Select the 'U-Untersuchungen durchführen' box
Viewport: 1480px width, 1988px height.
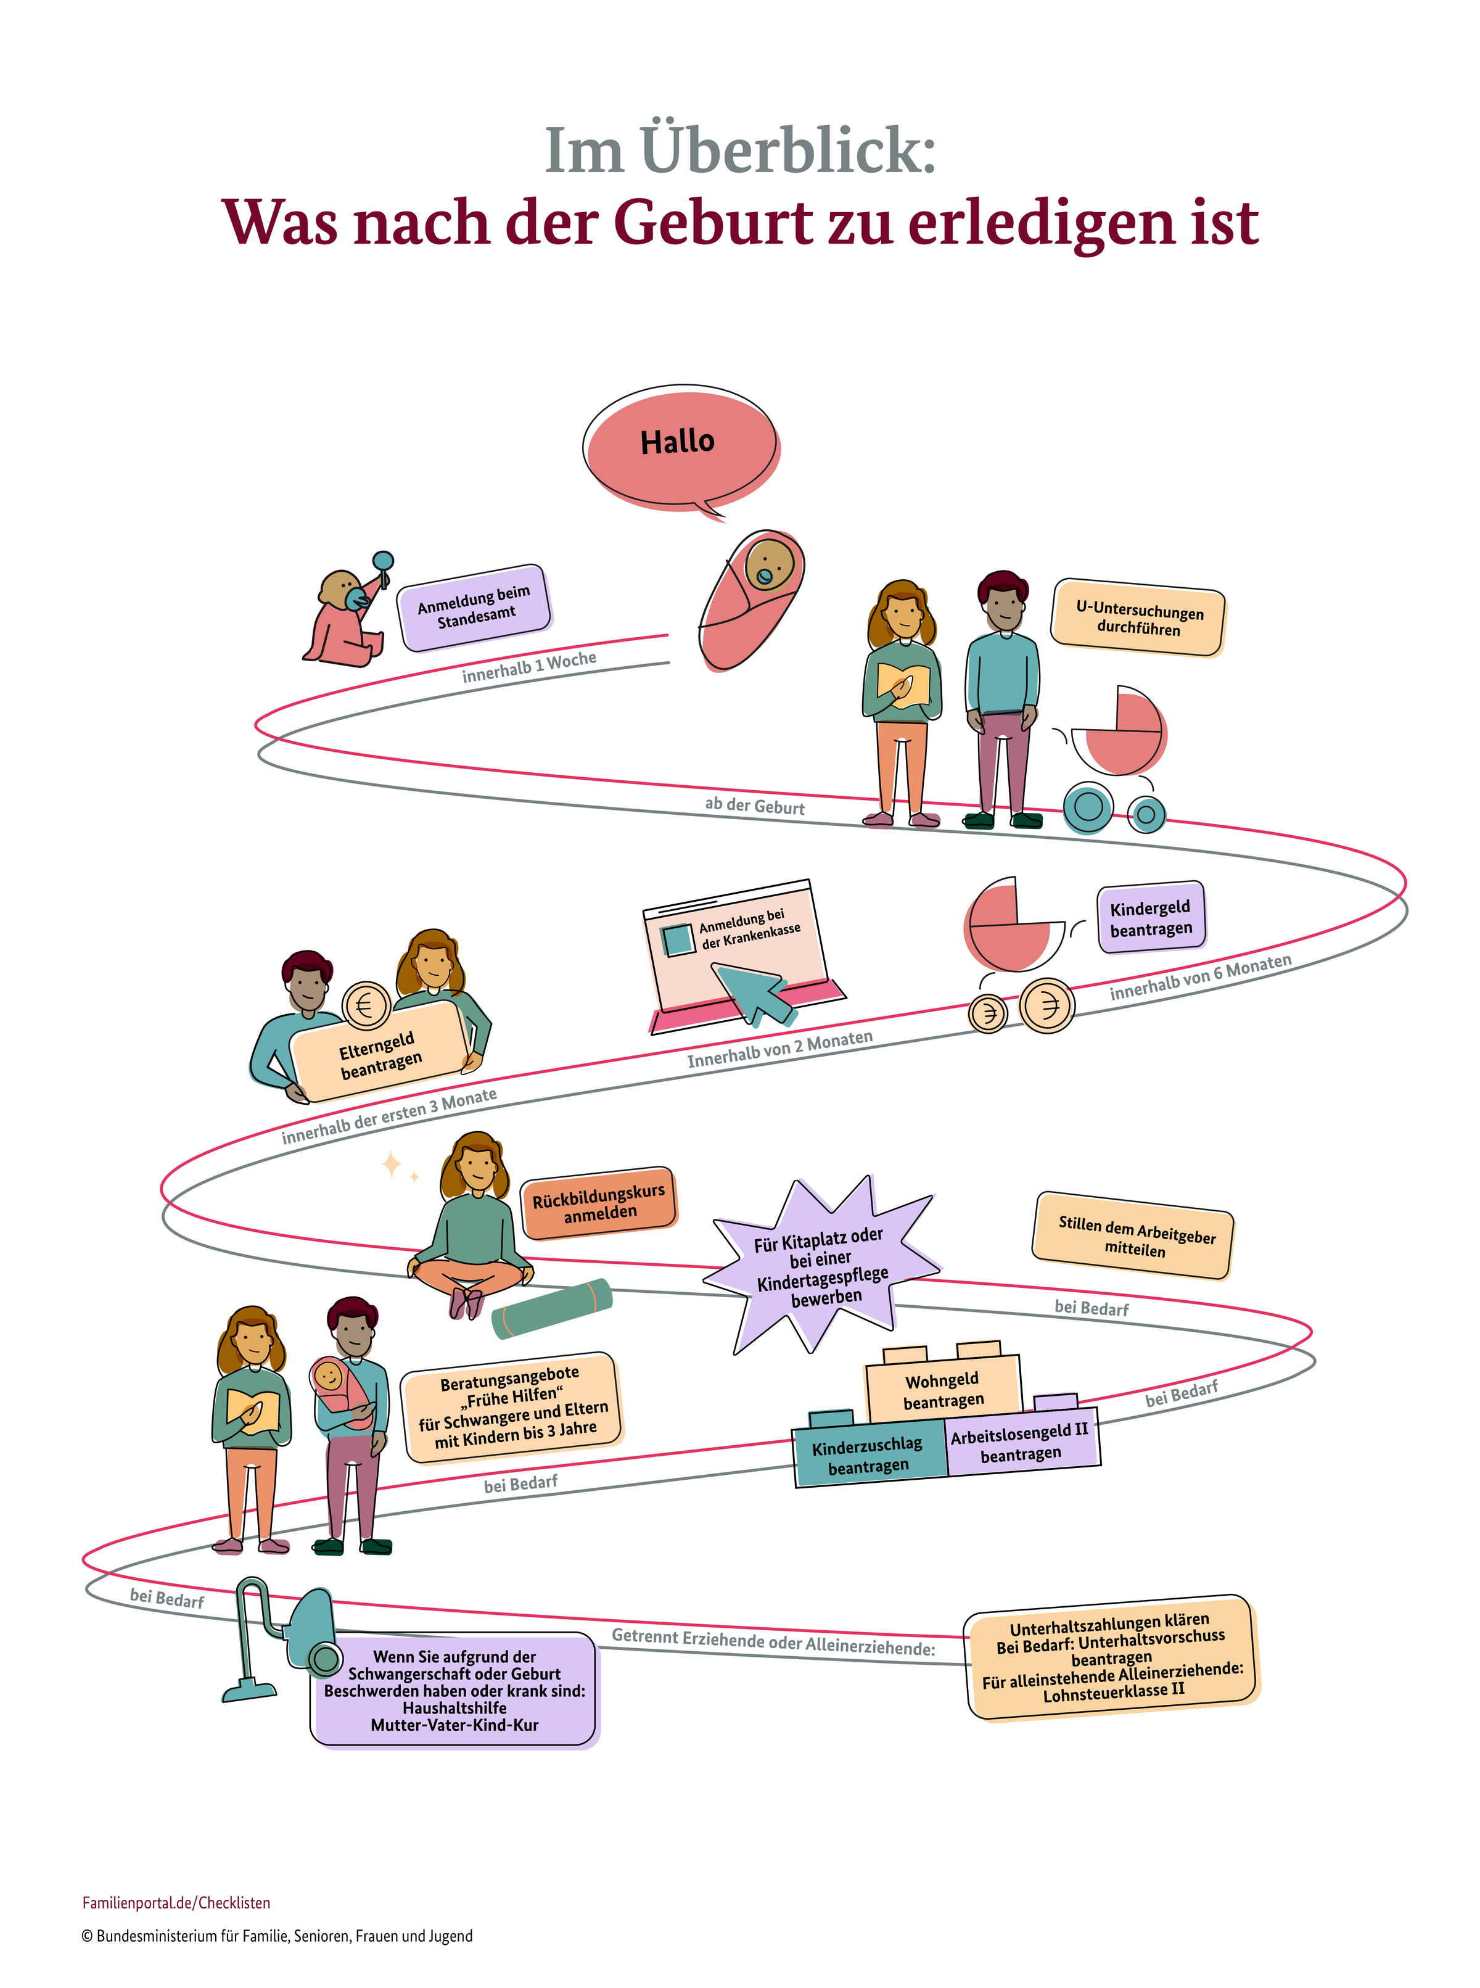(1138, 618)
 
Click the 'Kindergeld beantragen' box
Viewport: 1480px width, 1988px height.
(1151, 917)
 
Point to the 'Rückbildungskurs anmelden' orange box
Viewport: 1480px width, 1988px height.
(599, 1202)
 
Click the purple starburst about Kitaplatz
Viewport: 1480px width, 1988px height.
(821, 1265)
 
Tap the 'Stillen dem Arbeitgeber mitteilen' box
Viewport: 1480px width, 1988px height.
(1134, 1235)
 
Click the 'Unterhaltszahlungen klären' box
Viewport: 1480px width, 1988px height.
(1112, 1657)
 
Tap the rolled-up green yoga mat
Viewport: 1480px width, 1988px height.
(552, 1309)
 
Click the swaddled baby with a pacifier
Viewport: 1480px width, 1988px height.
(750, 598)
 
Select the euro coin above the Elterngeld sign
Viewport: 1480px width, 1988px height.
(366, 1005)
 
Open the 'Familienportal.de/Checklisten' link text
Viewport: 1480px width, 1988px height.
(176, 1903)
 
